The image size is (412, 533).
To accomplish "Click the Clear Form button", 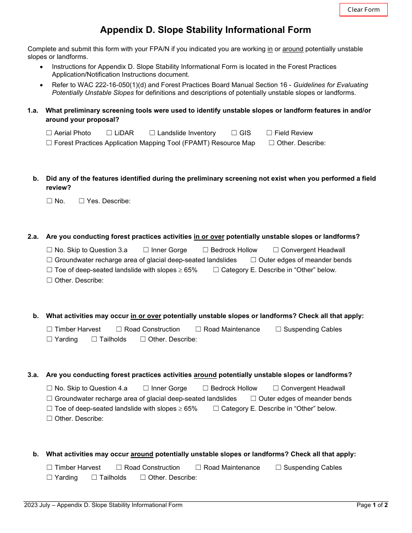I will click(363, 10).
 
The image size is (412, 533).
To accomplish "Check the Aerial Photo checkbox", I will click(49, 133).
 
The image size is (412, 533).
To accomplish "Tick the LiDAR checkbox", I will click(109, 133).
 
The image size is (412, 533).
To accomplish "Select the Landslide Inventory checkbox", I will click(152, 133).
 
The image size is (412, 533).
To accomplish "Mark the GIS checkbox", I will click(234, 133).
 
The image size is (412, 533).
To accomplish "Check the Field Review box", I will click(269, 133).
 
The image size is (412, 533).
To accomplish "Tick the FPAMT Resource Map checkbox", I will click(49, 143).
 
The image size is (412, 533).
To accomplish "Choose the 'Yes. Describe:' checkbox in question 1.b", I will click(82, 201).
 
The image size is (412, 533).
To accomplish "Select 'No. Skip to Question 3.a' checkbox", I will click(49, 250).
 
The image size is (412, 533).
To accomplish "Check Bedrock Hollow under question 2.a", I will click(206, 250).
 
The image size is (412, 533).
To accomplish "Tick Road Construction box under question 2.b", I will click(119, 329).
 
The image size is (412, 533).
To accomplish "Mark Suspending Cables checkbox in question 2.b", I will click(278, 329).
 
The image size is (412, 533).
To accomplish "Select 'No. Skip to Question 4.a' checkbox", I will click(49, 388).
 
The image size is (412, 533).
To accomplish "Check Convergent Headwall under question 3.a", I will click(276, 388).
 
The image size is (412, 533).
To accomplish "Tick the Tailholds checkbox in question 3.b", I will click(94, 478).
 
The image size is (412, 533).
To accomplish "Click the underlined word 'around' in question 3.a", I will click(205, 375).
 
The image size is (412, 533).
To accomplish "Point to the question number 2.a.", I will click(33, 237).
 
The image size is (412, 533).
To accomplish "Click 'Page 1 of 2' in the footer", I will click(372, 505).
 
